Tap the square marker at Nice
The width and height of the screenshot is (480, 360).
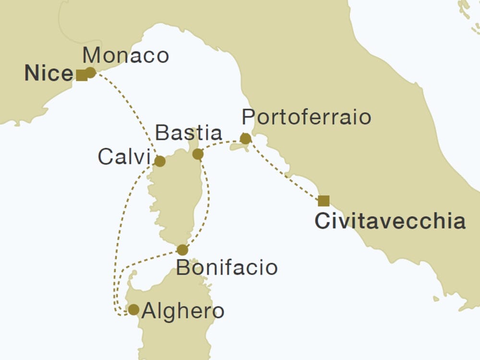[82, 75]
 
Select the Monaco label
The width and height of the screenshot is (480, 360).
[126, 56]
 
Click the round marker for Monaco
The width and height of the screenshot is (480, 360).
[90, 72]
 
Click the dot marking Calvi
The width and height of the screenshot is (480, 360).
[160, 161]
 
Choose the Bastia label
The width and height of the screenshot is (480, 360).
[189, 133]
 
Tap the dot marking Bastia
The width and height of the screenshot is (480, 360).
[198, 154]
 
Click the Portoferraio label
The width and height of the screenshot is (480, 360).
[307, 117]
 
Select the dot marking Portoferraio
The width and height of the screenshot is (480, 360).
[245, 139]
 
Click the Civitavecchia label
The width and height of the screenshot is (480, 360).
[390, 221]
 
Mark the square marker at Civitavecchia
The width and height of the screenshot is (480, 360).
[324, 201]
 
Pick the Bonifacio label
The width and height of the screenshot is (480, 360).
[227, 267]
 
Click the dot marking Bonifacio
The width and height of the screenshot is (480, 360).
[182, 250]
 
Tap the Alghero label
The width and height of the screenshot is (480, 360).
[183, 311]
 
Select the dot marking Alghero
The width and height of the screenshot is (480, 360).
[133, 310]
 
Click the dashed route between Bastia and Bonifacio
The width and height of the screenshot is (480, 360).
[208, 202]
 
